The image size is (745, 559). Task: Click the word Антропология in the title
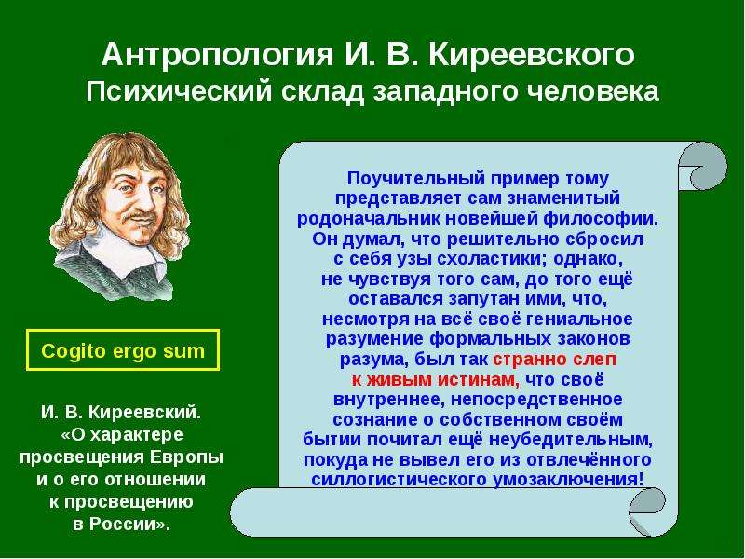click(217, 56)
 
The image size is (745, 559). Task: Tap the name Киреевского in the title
click(531, 54)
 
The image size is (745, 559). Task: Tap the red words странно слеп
click(554, 359)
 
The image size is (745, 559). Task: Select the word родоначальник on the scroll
click(369, 219)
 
